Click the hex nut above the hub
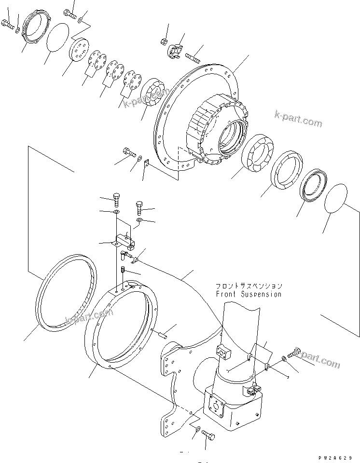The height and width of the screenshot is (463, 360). (164, 41)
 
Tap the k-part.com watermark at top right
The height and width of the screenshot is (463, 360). (298, 119)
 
